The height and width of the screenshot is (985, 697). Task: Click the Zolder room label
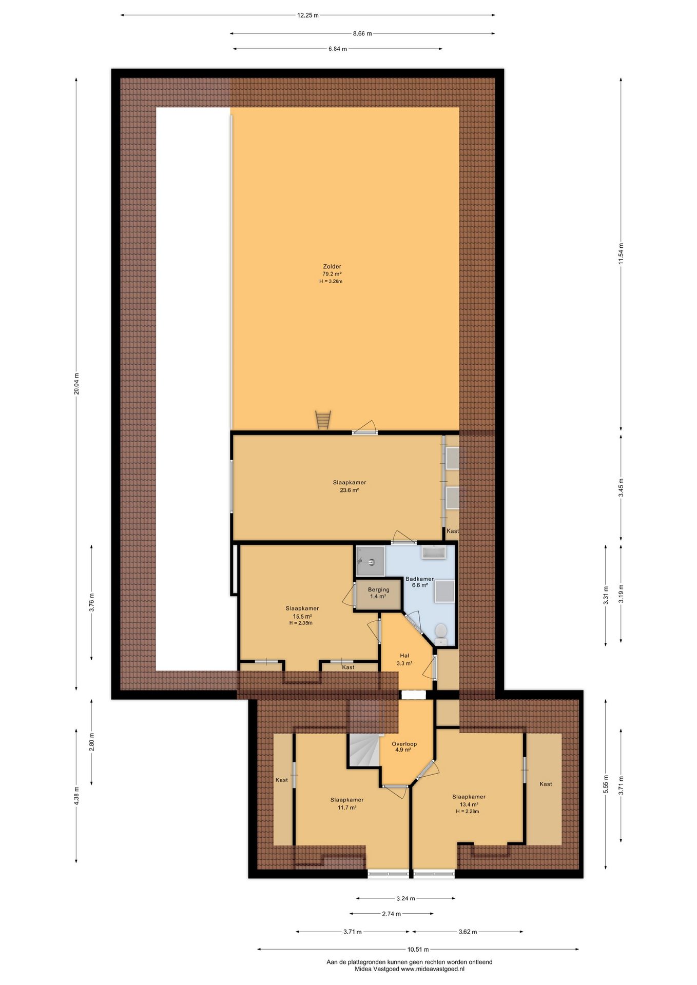[x=332, y=267]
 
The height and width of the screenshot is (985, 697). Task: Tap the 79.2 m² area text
[x=332, y=274]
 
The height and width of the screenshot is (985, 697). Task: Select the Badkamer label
[x=420, y=579]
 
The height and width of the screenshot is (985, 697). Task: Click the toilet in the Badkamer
[x=441, y=634]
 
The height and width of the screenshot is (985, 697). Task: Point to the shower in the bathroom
[x=371, y=561]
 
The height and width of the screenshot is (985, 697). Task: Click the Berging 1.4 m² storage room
[x=378, y=595]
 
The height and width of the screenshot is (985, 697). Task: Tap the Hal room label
[x=404, y=656]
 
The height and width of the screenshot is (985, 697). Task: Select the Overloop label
[x=404, y=744]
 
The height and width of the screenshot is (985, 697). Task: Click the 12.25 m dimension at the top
[x=308, y=15]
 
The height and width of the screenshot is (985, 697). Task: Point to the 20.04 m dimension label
[x=76, y=384]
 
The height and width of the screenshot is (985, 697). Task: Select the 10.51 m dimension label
[x=418, y=949]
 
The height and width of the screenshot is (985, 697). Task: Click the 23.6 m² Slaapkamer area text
[x=349, y=490]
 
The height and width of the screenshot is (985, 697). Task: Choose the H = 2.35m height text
[x=301, y=623]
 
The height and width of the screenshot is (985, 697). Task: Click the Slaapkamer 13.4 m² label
[x=469, y=800]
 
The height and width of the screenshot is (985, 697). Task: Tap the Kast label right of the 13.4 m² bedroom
[x=546, y=784]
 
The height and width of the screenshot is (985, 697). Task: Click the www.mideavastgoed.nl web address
[x=432, y=969]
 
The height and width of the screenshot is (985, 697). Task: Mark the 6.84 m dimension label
[x=338, y=49]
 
